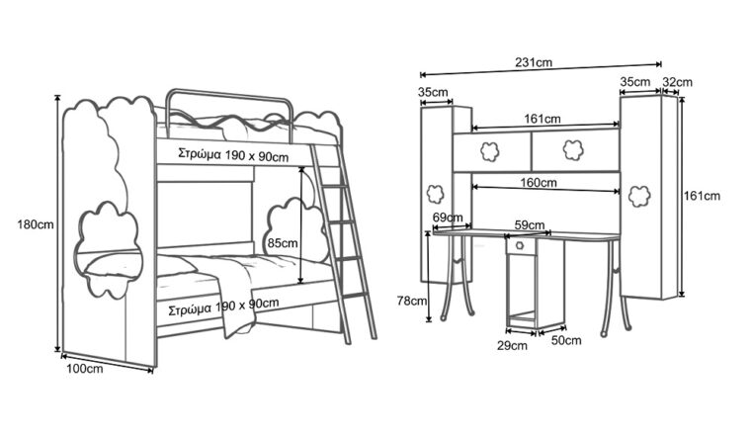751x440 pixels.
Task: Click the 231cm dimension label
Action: (534, 62)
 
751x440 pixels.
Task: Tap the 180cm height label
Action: (36, 224)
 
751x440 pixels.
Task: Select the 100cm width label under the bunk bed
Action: (85, 369)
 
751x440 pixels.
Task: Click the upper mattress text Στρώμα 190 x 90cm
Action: (233, 155)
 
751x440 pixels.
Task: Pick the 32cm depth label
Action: (678, 82)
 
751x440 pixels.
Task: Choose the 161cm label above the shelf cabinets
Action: (542, 119)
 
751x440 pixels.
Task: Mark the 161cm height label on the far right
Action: (702, 196)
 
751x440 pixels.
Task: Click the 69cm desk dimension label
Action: (448, 218)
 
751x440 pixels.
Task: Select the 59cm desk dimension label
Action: (529, 225)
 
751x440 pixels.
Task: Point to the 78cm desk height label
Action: (412, 300)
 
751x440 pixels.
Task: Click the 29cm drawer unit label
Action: (512, 345)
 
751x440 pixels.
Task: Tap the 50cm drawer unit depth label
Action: (565, 340)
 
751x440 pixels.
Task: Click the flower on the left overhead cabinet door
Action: (488, 150)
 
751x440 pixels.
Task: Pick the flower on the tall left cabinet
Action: (433, 193)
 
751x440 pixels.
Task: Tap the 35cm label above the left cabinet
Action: (434, 92)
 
